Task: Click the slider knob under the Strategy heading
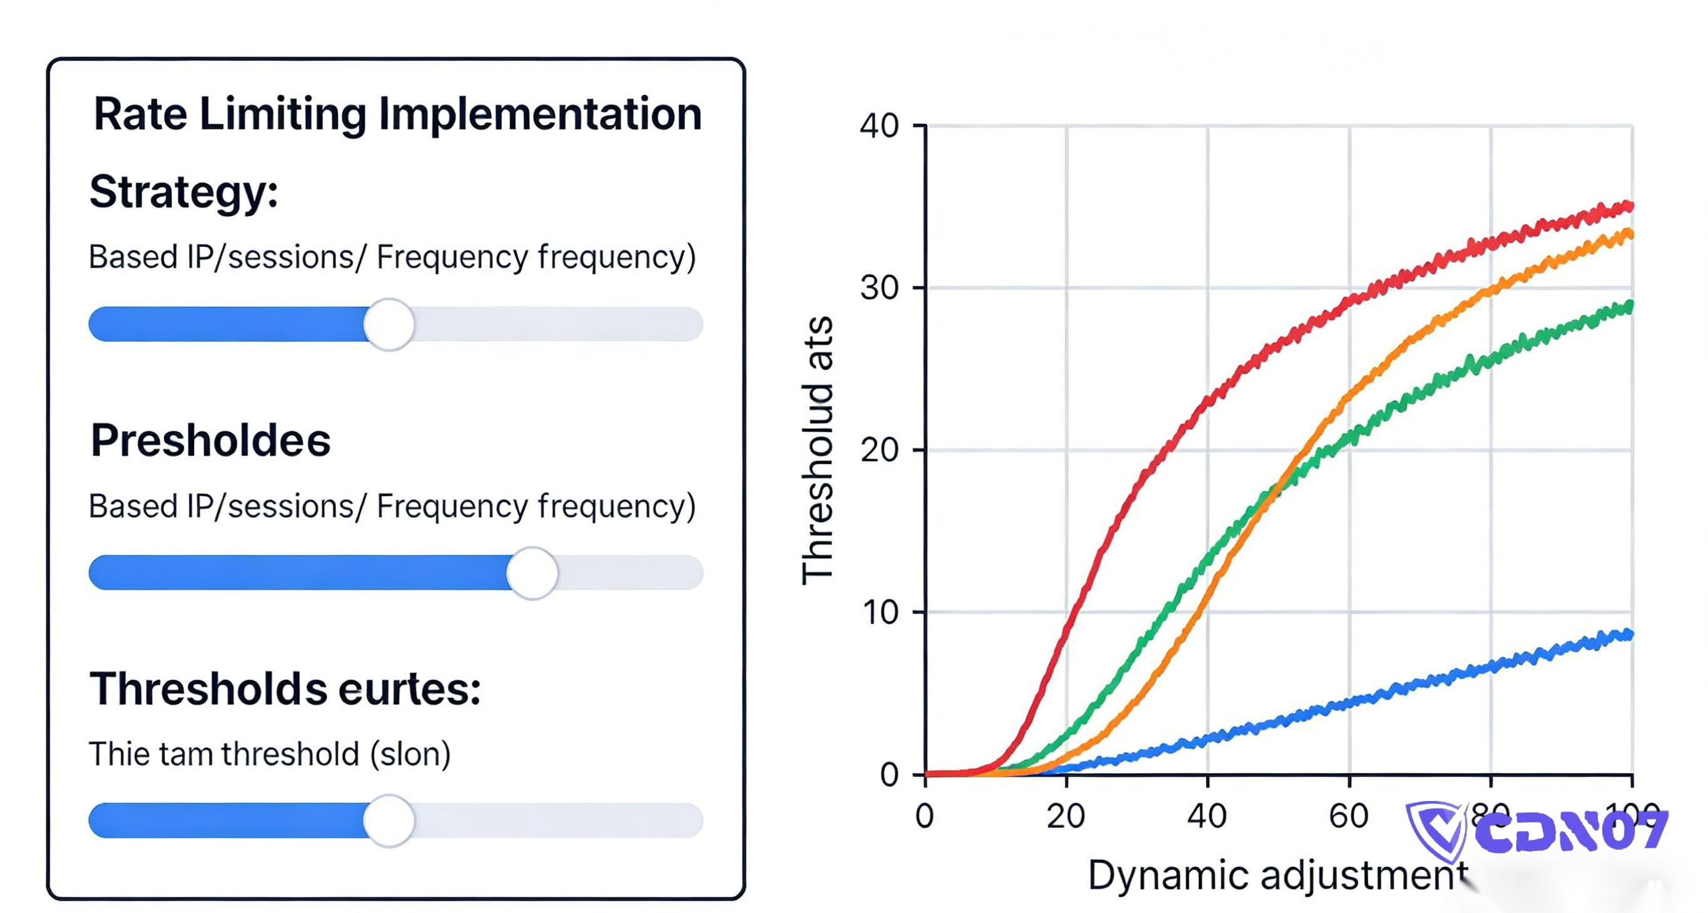click(x=389, y=324)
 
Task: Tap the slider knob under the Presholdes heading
click(x=532, y=573)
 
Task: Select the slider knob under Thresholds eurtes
click(x=389, y=820)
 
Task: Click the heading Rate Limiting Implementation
click(x=398, y=114)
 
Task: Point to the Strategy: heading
click(x=184, y=192)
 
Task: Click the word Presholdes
click(x=210, y=441)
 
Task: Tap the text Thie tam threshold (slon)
click(x=269, y=754)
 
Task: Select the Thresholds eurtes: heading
click(x=285, y=689)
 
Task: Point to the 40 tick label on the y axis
click(x=879, y=125)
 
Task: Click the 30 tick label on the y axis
click(x=879, y=288)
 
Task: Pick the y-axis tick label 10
click(x=879, y=612)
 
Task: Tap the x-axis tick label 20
click(x=1066, y=816)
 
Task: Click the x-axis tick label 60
click(x=1349, y=816)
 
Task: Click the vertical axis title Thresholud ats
click(x=817, y=450)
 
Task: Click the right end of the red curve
click(x=1629, y=207)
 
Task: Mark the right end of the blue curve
click(x=1629, y=634)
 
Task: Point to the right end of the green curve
click(x=1629, y=306)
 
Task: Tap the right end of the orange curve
click(x=1629, y=234)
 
